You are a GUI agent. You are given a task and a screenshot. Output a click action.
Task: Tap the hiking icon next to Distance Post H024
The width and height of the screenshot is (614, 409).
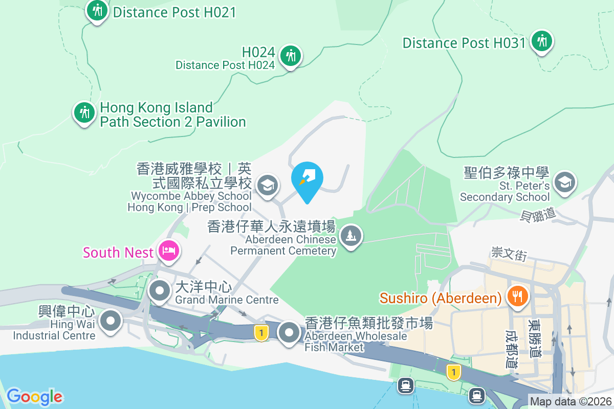291,55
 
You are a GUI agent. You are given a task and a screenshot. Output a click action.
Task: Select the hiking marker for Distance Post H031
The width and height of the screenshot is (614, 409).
541,41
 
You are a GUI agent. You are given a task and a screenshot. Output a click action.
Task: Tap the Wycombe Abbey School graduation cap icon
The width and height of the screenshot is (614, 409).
267,185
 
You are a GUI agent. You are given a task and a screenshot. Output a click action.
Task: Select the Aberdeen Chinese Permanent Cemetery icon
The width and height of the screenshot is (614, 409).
350,236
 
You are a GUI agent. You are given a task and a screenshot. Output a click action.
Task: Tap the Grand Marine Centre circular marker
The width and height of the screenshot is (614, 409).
160,291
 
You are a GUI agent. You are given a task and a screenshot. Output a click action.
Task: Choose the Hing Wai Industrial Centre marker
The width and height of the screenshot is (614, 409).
110,322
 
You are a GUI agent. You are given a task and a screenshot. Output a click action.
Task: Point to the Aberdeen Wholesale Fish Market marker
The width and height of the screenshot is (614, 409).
289,333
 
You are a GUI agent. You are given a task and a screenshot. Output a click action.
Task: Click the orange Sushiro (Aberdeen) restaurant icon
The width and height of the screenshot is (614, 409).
517,296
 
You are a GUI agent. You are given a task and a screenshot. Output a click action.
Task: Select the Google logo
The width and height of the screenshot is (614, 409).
35,397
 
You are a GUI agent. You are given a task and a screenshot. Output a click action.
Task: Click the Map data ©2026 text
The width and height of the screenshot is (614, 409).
571,402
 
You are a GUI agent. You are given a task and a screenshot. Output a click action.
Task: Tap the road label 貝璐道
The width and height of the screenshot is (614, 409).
538,215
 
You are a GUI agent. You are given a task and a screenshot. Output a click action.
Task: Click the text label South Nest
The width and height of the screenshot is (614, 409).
118,253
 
